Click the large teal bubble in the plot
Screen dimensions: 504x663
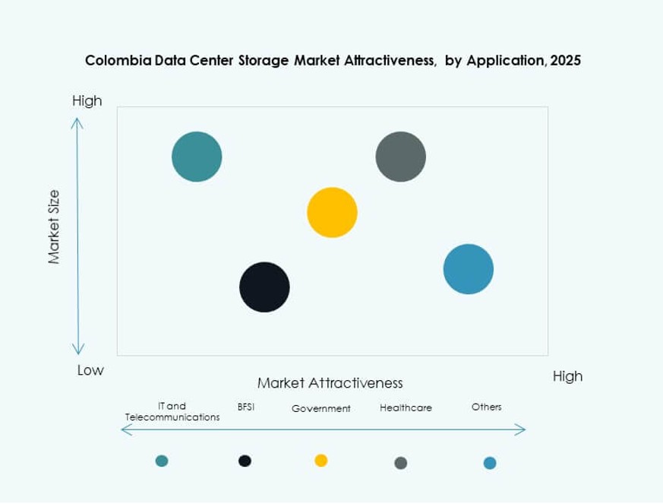coord(197,157)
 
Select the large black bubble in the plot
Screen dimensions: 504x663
coord(264,287)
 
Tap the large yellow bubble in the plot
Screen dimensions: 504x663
coord(332,211)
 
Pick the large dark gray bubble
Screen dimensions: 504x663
coord(400,157)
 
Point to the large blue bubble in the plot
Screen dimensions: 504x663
coord(468,269)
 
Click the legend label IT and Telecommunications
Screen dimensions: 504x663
coord(172,411)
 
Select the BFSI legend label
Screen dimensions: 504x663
coord(246,407)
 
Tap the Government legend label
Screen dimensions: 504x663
coord(321,408)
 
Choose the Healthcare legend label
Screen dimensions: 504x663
coord(406,407)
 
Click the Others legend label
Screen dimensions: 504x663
coord(486,407)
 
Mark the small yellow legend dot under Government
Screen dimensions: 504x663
coord(321,460)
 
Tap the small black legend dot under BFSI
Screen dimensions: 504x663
coord(245,460)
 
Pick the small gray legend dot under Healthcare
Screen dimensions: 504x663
coord(401,462)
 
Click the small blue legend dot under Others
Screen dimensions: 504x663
coord(490,462)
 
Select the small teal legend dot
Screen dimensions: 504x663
coord(162,460)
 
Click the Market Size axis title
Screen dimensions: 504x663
coord(54,227)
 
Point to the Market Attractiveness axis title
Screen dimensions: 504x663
coord(330,382)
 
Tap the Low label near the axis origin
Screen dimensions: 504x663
coord(90,370)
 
